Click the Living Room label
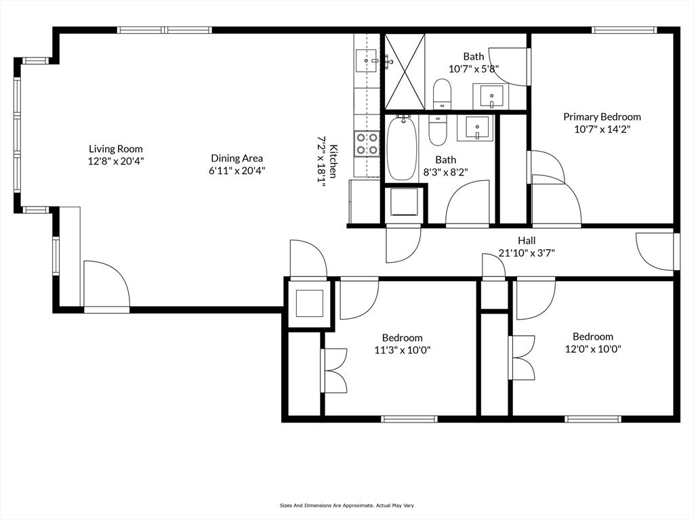116,149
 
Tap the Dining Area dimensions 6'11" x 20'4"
237,171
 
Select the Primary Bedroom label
602,116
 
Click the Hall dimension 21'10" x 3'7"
527,253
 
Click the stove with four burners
367,144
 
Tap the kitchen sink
366,60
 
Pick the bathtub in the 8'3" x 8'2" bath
402,148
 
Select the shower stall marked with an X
405,72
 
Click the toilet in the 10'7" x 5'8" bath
441,93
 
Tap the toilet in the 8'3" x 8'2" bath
438,131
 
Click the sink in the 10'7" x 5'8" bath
491,95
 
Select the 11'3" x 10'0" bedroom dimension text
403,350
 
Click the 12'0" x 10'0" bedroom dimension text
593,349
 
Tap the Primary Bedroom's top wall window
624,30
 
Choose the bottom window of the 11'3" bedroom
409,418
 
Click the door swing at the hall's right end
655,251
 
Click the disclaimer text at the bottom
346,505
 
